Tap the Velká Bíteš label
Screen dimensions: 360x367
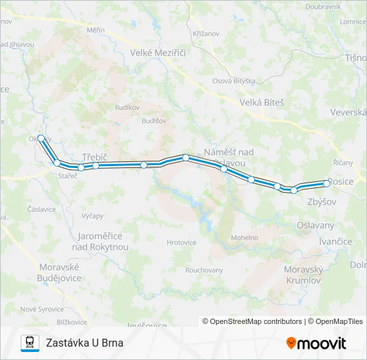click(x=262, y=103)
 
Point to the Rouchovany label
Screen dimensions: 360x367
click(x=204, y=270)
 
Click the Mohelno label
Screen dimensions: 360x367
click(x=245, y=237)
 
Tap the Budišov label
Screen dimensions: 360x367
click(x=153, y=121)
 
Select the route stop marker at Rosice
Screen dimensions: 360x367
click(x=326, y=183)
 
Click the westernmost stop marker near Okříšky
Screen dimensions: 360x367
click(x=41, y=138)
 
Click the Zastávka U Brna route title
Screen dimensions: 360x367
click(x=85, y=343)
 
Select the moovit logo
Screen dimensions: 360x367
click(x=316, y=343)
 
